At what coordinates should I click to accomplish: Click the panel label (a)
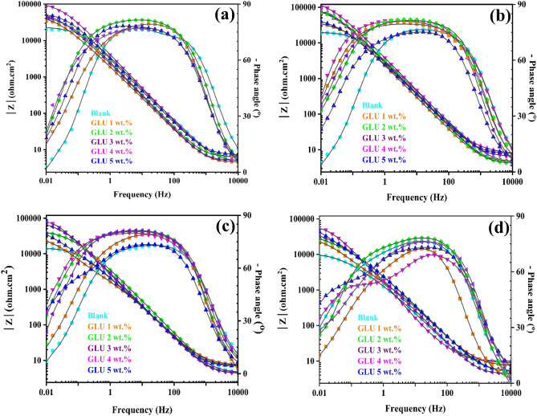coord(221,14)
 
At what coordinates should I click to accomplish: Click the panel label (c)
coord(221,228)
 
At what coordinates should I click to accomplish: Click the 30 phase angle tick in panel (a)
coord(245,115)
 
